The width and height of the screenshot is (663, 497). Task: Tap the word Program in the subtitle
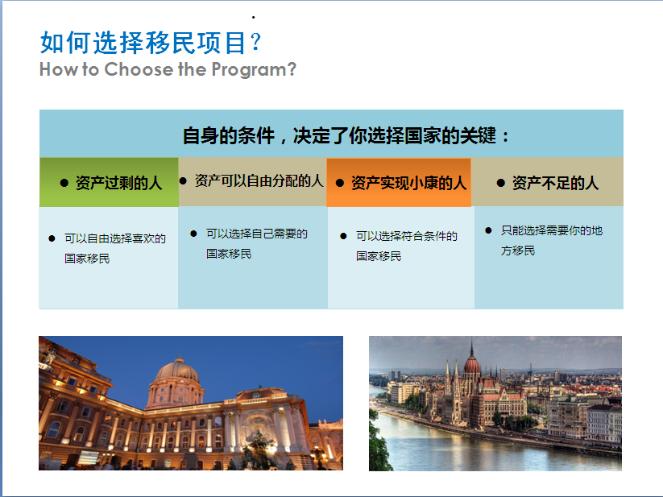pyautogui.click(x=249, y=70)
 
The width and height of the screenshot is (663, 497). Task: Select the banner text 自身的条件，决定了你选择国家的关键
pyautogui.click(x=339, y=135)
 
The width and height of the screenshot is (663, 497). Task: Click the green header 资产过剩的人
pyautogui.click(x=118, y=183)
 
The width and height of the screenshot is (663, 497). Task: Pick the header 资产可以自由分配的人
pyautogui.click(x=259, y=181)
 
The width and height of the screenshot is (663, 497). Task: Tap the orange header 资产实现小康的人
pyautogui.click(x=409, y=183)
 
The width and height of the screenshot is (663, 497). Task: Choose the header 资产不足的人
pyautogui.click(x=555, y=183)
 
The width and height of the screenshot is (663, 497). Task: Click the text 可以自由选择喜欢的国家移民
pyautogui.click(x=114, y=248)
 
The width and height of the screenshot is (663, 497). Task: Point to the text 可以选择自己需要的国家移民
pyautogui.click(x=257, y=243)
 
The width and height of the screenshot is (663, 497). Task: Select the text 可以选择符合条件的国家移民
pyautogui.click(x=406, y=246)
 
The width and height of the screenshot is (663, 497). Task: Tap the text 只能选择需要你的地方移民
pyautogui.click(x=551, y=241)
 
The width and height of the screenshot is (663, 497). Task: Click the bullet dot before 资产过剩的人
pyautogui.click(x=64, y=183)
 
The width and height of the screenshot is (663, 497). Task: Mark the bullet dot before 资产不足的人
pyautogui.click(x=500, y=183)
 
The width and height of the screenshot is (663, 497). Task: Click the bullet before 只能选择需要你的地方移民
pyautogui.click(x=488, y=230)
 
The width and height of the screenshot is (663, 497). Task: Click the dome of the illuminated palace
pyautogui.click(x=177, y=372)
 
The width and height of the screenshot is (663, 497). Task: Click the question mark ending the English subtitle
pyautogui.click(x=292, y=69)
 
